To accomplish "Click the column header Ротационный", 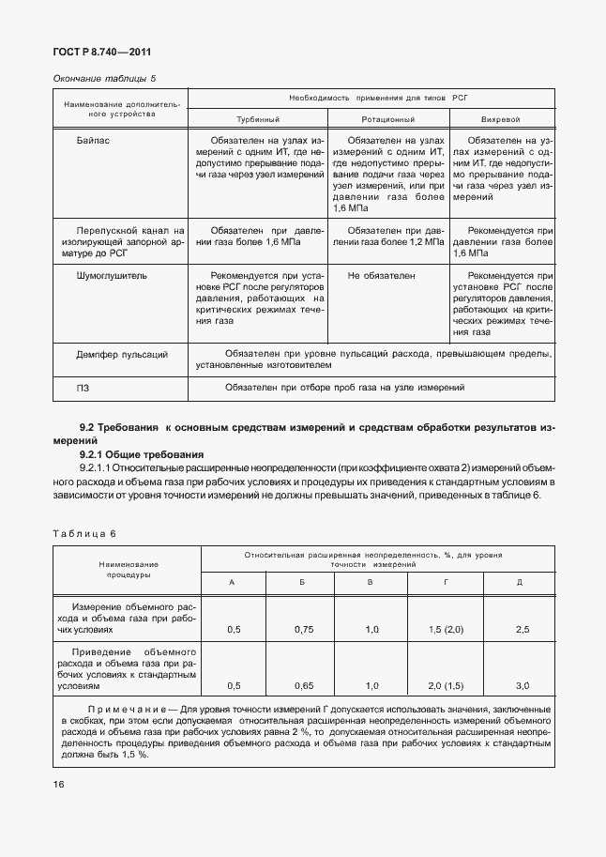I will coord(388,120).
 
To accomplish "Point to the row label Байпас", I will coord(92,138).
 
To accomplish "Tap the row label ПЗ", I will coord(83,387).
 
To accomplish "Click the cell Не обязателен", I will coord(381,277).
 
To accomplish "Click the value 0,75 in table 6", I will coord(302,630).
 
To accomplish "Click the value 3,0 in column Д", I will coord(522,685).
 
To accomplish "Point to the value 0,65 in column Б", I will coord(302,685).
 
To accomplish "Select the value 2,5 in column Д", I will coord(522,630).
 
